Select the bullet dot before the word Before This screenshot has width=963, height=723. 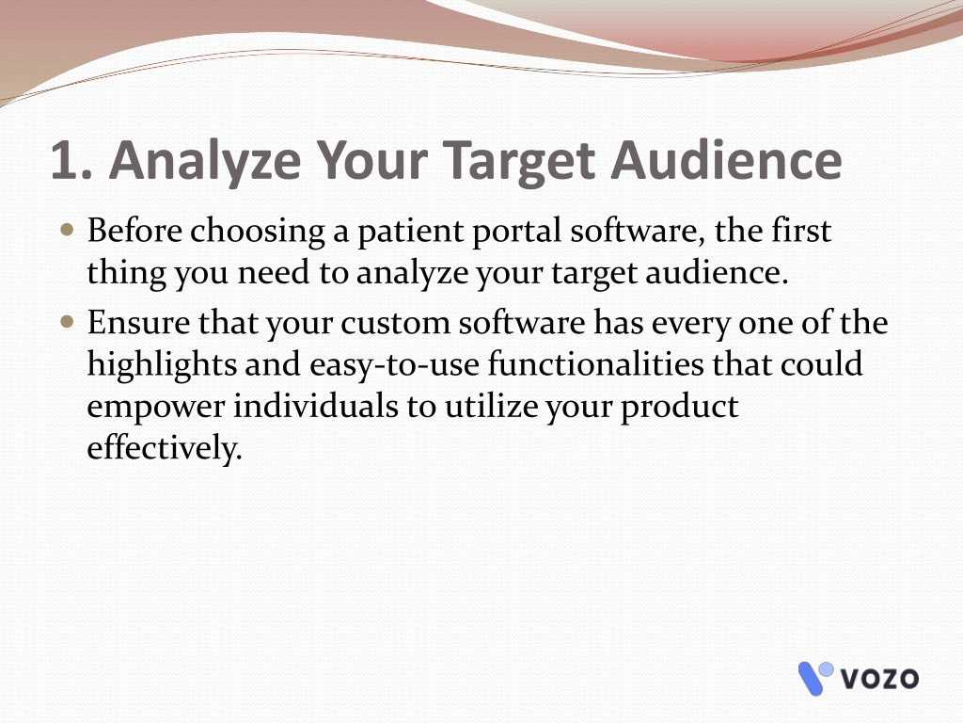tap(68, 231)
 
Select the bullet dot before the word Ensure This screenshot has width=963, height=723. tap(68, 322)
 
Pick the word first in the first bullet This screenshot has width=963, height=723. tap(801, 231)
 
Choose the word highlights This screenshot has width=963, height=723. tap(162, 365)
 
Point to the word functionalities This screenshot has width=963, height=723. tap(595, 363)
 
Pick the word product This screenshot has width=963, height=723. tap(680, 408)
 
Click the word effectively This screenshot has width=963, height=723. tap(165, 448)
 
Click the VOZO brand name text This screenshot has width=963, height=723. tap(879, 679)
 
